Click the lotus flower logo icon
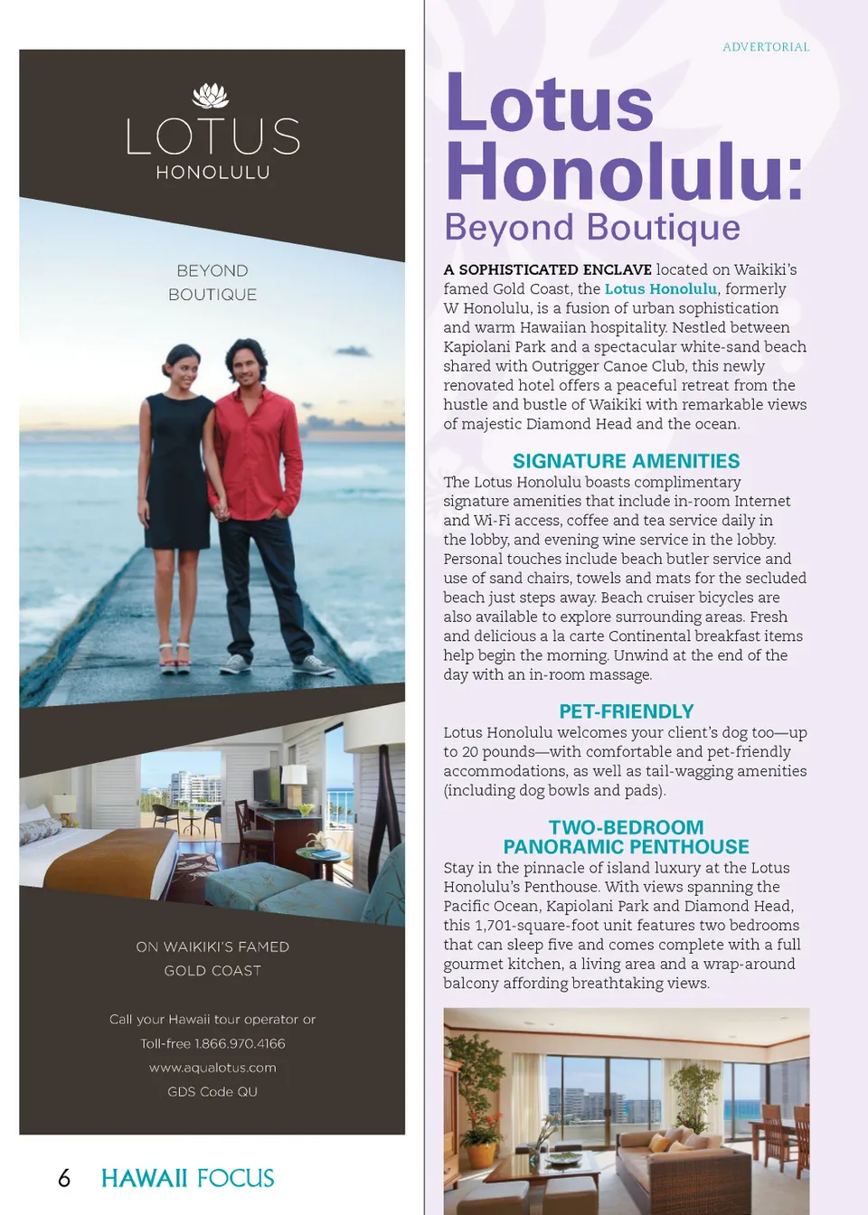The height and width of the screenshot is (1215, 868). tap(211, 95)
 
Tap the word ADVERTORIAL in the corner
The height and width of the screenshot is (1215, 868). tap(766, 47)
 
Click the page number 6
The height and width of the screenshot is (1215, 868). tap(64, 1178)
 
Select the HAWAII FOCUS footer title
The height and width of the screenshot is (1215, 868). tap(187, 1178)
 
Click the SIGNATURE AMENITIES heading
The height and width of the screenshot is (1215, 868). tap(626, 461)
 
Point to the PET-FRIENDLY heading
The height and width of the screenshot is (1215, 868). tap(626, 711)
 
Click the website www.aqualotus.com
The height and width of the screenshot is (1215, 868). tap(212, 1068)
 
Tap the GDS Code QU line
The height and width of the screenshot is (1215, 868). tap(212, 1092)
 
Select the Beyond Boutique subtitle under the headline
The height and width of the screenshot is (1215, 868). tap(592, 228)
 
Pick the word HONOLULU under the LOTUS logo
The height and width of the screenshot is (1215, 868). tap(212, 173)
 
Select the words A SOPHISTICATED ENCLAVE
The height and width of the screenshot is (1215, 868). tap(547, 269)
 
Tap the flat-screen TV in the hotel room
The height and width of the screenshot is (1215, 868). tap(266, 785)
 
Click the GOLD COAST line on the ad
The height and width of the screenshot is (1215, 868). tap(212, 971)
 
